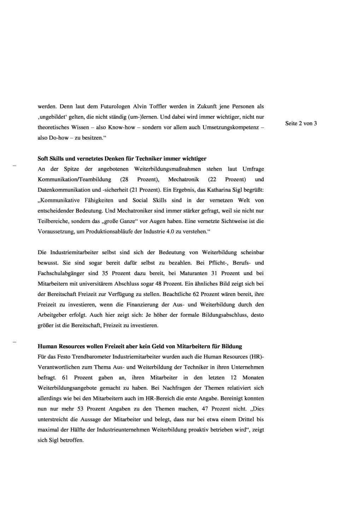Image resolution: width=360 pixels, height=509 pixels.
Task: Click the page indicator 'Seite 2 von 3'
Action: tap(301, 123)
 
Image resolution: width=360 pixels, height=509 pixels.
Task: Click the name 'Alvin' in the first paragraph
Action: tap(141, 106)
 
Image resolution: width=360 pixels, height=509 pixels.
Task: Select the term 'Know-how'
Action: tap(122, 127)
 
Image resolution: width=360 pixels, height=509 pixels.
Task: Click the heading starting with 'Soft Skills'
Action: tap(122, 158)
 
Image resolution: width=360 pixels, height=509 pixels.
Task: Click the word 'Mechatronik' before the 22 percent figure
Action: tap(183, 179)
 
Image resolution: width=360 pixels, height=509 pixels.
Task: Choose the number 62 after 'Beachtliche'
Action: tap(196, 294)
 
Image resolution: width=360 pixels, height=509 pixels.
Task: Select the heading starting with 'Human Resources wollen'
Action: tap(140, 346)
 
